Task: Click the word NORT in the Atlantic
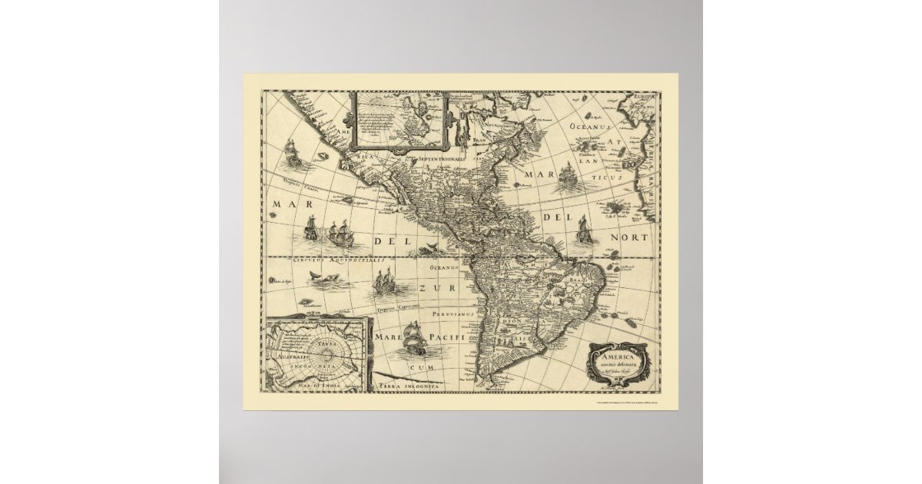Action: [629, 238]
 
